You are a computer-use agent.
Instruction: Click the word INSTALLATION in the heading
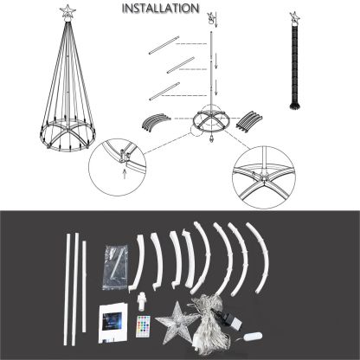tap(160, 8)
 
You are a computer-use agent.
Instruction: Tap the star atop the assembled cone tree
tap(67, 11)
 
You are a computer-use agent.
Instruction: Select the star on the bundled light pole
tap(294, 17)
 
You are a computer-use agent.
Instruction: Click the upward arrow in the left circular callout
tap(125, 174)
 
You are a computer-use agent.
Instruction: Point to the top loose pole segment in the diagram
tap(164, 45)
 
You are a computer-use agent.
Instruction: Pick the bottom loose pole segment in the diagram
tap(164, 91)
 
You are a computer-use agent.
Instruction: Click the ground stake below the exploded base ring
tap(212, 139)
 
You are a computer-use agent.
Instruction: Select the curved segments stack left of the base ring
tap(156, 122)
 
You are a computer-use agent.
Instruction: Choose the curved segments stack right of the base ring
tap(249, 122)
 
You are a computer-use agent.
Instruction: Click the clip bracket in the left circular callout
tap(125, 156)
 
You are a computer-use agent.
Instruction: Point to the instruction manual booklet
tap(112, 323)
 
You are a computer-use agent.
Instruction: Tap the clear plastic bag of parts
tap(115, 267)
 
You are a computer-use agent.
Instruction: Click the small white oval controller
tap(253, 337)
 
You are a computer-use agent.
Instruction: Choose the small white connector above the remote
tap(140, 301)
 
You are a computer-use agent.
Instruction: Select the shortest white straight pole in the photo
tap(84, 286)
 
